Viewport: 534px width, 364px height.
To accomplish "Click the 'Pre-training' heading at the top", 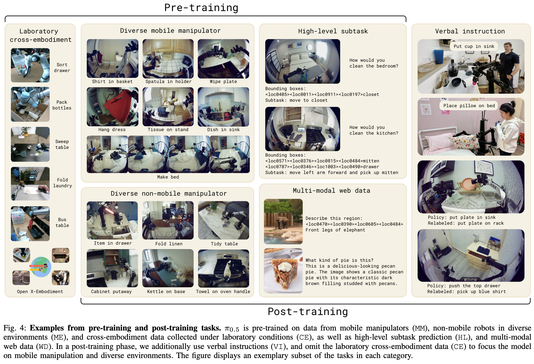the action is tap(201, 8).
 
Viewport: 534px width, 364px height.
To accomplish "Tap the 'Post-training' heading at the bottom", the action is tap(308, 312).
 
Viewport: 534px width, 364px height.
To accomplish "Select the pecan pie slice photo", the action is tap(283, 271).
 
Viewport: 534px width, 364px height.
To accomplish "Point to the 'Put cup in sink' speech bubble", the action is tap(474, 46).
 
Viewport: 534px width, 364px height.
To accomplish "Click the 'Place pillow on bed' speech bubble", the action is tap(469, 106).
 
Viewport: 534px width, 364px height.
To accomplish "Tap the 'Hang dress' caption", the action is tap(112, 130).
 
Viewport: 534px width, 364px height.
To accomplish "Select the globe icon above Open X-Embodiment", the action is tap(41, 267).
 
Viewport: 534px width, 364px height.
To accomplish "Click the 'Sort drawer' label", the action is tap(62, 68).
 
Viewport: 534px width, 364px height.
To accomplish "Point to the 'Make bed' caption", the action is tap(168, 177).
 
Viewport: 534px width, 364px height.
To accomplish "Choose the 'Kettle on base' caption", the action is tap(166, 292).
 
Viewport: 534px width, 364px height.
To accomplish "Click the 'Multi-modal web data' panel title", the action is tap(331, 191).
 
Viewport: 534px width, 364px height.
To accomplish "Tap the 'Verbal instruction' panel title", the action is tap(470, 31).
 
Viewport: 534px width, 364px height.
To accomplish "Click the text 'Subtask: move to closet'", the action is tap(296, 100).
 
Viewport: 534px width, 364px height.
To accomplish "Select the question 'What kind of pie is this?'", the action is tap(339, 260).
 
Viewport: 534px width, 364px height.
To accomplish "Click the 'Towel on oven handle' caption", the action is tap(223, 292).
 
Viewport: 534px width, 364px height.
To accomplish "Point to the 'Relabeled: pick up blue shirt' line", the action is tap(466, 292).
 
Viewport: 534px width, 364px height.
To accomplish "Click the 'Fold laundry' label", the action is tap(63, 183).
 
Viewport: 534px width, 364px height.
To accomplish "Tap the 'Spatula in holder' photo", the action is tap(168, 59).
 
